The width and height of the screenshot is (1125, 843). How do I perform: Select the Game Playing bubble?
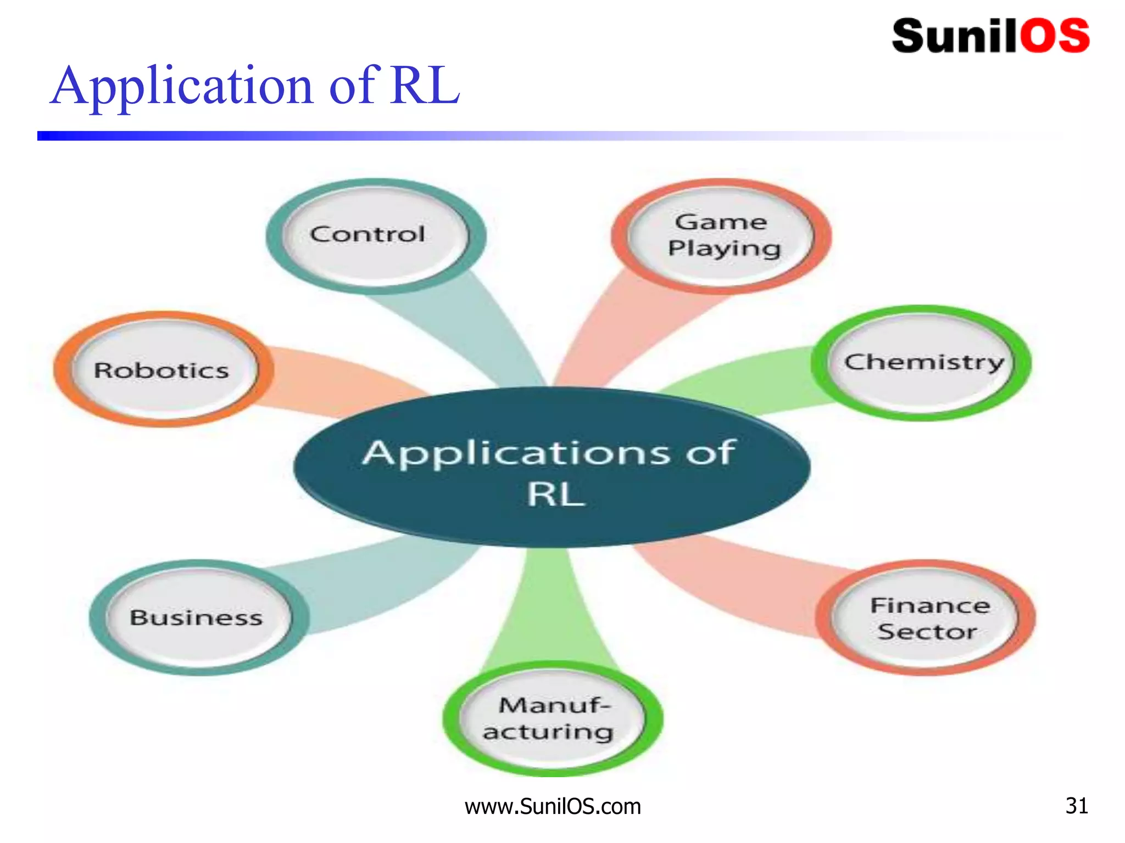(x=721, y=236)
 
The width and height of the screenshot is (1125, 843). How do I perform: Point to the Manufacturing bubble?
(x=553, y=719)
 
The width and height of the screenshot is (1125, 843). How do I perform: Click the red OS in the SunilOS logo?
(x=1055, y=36)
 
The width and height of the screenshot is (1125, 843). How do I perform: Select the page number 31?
(x=1077, y=806)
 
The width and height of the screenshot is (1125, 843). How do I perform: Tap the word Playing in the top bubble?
(x=724, y=249)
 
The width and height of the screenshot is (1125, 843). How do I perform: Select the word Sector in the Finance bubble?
(x=927, y=632)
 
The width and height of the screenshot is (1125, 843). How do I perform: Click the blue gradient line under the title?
(x=385, y=136)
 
